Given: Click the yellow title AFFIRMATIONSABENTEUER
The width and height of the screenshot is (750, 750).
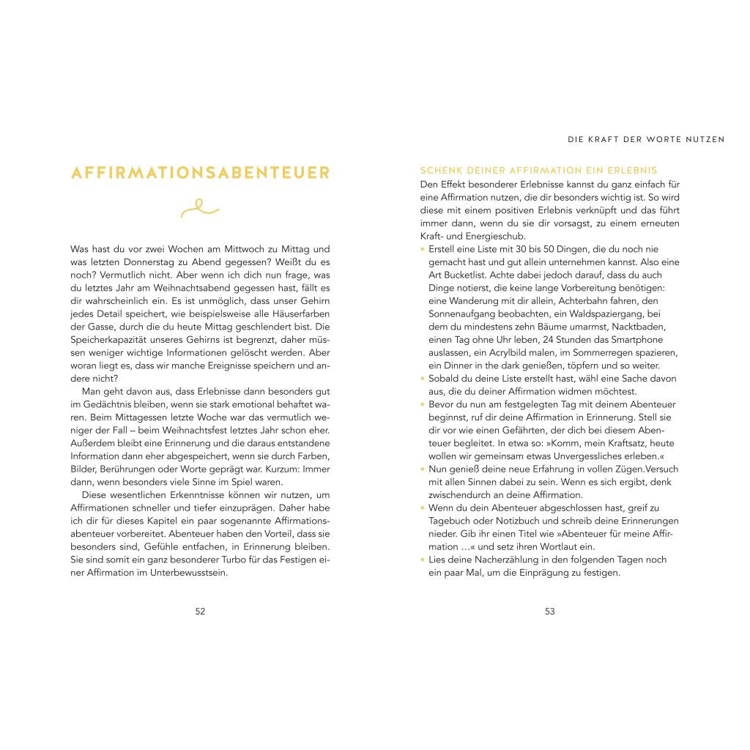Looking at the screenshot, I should point(200,174).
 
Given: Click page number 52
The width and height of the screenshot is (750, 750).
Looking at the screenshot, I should point(200,612).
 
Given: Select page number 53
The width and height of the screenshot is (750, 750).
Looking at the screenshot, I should point(550,612).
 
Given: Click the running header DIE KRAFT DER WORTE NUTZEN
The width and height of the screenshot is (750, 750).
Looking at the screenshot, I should point(647,139).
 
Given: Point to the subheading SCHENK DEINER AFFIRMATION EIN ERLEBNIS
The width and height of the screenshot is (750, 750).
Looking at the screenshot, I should point(539,171).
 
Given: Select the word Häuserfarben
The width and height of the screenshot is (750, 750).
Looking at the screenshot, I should point(297,313).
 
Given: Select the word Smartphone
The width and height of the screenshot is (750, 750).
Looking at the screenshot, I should point(653,340).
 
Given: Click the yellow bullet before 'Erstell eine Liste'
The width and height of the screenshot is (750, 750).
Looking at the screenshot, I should point(423,249).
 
